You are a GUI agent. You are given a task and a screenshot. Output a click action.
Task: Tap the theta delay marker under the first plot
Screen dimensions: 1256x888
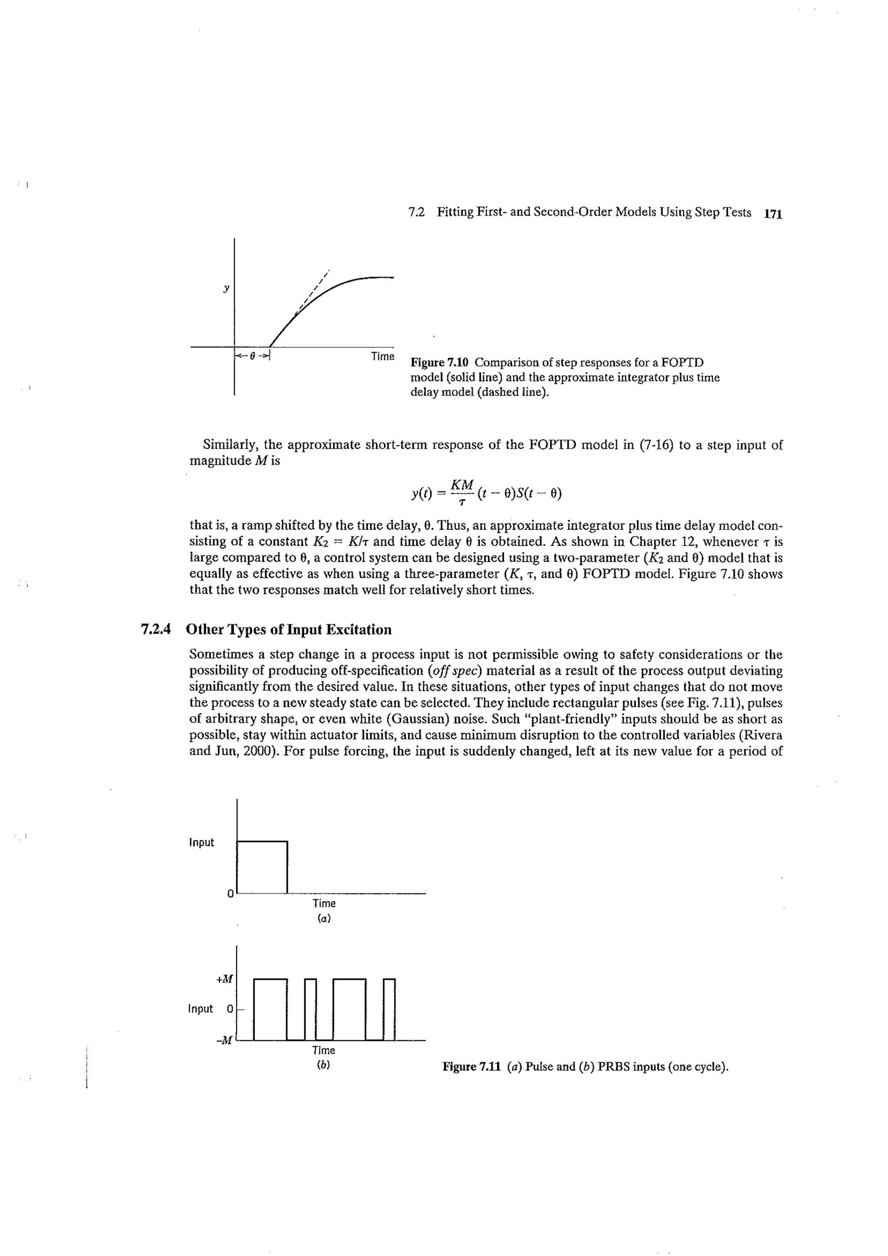pyautogui.click(x=252, y=356)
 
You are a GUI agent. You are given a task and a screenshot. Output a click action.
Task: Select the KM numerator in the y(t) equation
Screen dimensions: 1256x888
pyautogui.click(x=462, y=485)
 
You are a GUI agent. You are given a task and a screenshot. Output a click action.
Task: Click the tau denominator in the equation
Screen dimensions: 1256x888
pyautogui.click(x=462, y=502)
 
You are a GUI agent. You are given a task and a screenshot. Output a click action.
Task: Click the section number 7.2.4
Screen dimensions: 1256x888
pyautogui.click(x=156, y=630)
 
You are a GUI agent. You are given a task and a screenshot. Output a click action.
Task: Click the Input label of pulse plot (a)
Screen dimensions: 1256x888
pyautogui.click(x=201, y=842)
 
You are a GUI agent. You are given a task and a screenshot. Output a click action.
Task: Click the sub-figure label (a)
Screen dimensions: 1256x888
pyautogui.click(x=324, y=919)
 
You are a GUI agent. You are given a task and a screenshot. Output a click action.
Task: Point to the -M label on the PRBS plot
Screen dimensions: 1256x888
pyautogui.click(x=224, y=1041)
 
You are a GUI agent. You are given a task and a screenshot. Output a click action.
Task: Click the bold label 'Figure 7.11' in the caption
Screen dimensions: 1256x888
pyautogui.click(x=472, y=1067)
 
